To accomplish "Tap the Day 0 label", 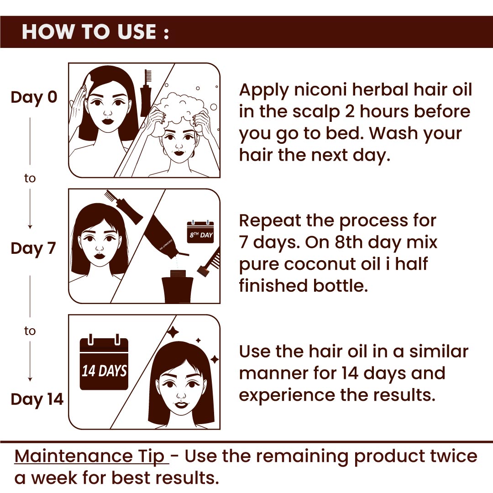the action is (x=34, y=98).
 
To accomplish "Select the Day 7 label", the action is (x=33, y=248).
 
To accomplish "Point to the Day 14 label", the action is (x=37, y=399).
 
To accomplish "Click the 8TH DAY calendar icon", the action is (x=200, y=232).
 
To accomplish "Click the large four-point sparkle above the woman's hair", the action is (x=173, y=332).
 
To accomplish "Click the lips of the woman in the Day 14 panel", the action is (x=181, y=404).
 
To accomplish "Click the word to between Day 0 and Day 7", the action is (x=30, y=178).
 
